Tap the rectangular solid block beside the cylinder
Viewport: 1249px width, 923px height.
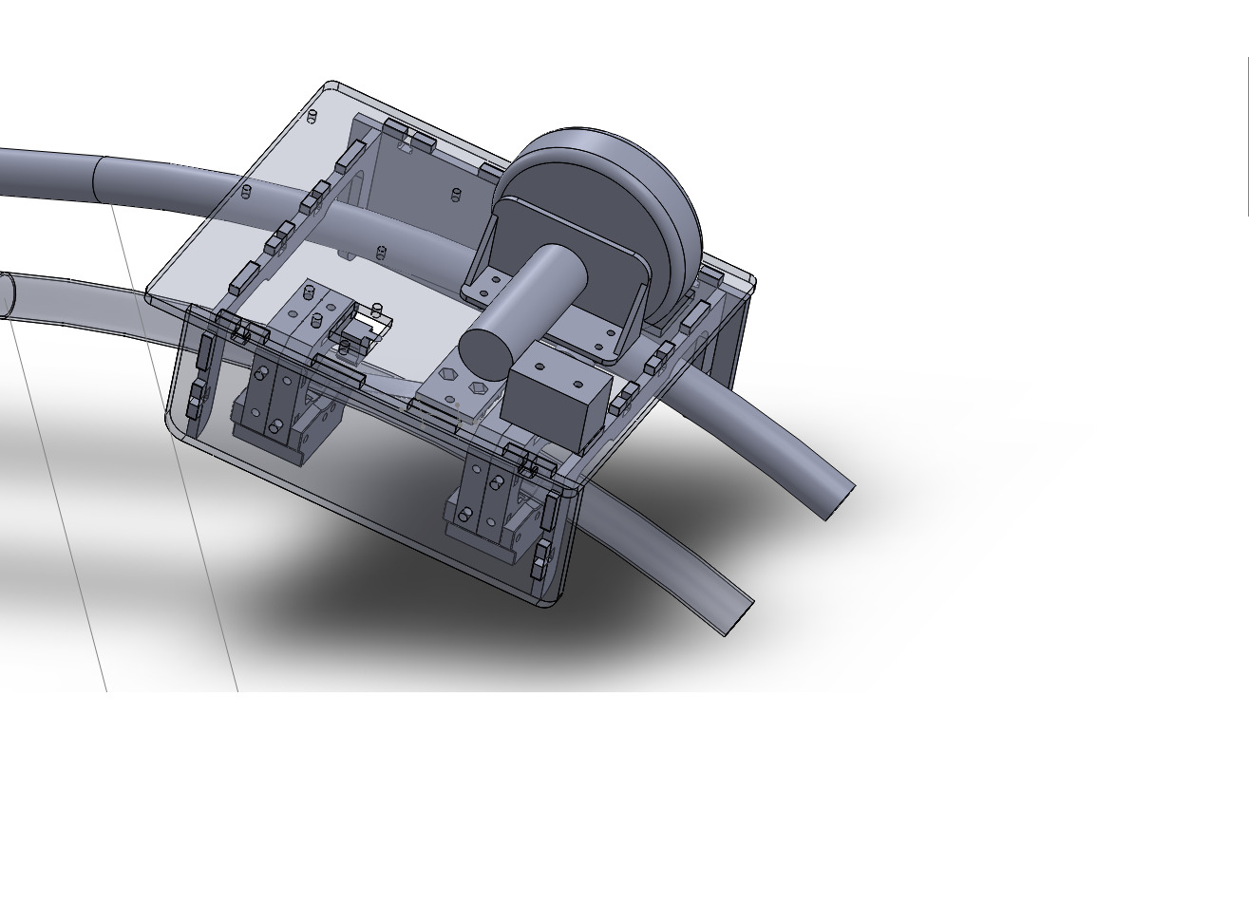[556, 404]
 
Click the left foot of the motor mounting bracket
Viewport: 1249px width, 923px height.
[486, 284]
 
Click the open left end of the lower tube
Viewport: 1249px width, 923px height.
[5, 295]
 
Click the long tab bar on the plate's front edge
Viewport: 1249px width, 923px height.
[337, 370]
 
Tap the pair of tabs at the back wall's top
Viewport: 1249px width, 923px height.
[408, 136]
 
